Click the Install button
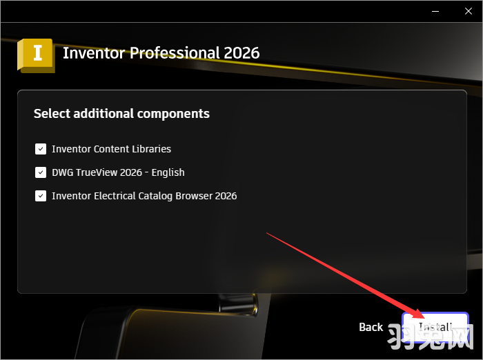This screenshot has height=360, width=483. [435, 327]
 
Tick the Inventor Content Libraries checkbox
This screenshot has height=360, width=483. [41, 149]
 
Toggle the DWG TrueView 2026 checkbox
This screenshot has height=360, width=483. [41, 172]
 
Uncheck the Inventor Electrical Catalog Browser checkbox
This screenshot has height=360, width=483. [41, 196]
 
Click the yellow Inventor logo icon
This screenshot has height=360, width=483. [36, 54]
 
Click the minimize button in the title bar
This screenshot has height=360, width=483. [435, 12]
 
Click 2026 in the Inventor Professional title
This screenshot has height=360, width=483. [241, 53]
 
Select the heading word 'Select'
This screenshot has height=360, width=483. [52, 113]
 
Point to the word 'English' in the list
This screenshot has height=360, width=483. [168, 172]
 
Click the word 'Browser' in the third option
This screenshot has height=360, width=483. [193, 196]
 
